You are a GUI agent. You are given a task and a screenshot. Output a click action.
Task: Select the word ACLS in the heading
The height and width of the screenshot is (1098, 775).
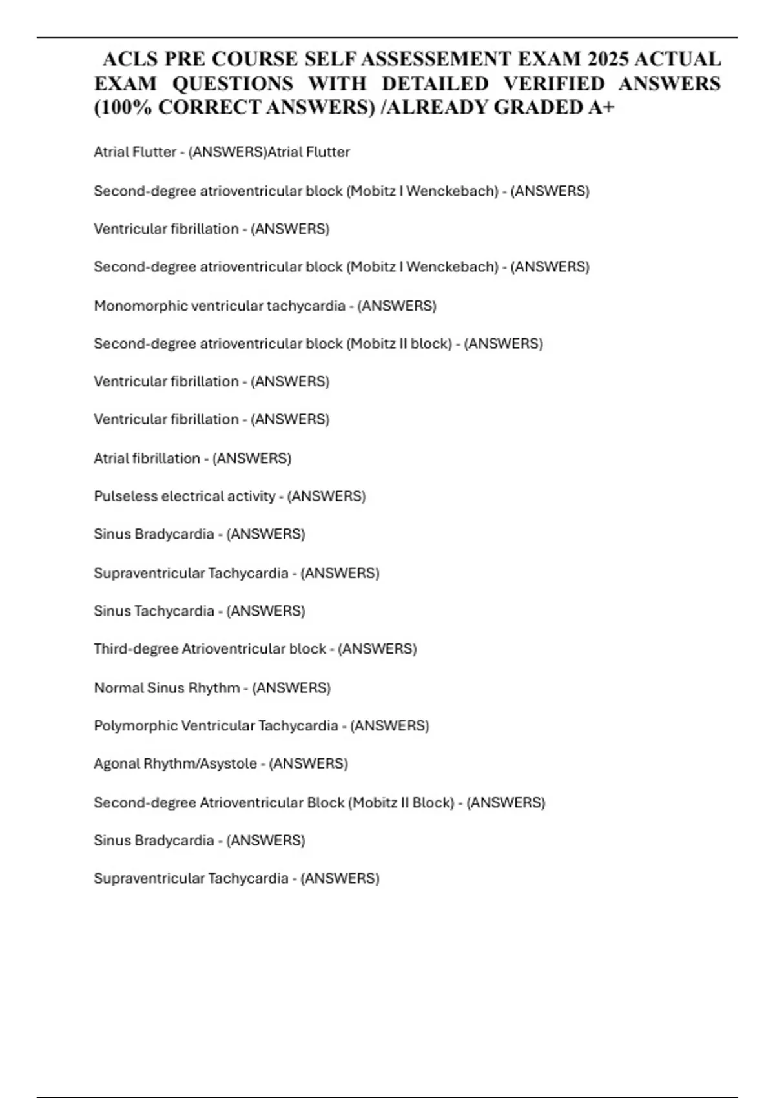click(x=130, y=59)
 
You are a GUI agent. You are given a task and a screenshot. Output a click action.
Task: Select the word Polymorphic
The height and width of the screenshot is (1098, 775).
click(x=136, y=726)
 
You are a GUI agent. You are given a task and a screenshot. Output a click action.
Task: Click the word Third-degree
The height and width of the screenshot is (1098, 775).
click(x=136, y=649)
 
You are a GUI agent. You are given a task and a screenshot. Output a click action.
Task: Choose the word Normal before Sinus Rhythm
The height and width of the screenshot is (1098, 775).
click(x=119, y=688)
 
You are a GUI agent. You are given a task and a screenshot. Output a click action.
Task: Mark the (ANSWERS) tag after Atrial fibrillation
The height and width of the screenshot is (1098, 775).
click(x=252, y=459)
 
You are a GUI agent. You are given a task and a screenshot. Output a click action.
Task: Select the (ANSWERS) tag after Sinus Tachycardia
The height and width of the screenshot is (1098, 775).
click(x=265, y=611)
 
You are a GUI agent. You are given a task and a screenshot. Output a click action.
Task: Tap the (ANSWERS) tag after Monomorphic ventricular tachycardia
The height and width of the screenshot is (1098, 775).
click(x=397, y=306)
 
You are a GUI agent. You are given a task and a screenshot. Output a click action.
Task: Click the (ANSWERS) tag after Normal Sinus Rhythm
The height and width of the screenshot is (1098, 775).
click(x=291, y=688)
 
